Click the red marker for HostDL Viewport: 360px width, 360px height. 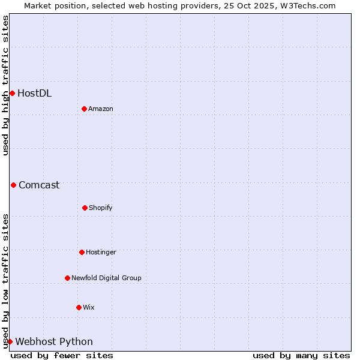pyautogui.click(x=12, y=93)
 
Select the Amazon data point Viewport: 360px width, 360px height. pyautogui.click(x=84, y=109)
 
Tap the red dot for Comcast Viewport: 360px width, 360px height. pyautogui.click(x=13, y=185)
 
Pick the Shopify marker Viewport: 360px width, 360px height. pyautogui.click(x=85, y=208)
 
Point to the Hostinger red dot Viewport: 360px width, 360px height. pyautogui.click(x=82, y=252)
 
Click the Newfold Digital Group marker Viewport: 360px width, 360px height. pyautogui.click(x=67, y=278)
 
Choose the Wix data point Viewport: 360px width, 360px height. pyautogui.click(x=79, y=307)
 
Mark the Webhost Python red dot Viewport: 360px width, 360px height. pyautogui.click(x=10, y=341)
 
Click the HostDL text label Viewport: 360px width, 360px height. pyautogui.click(x=34, y=93)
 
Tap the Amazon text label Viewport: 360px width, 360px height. pyautogui.click(x=101, y=109)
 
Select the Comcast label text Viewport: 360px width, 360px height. pyautogui.click(x=39, y=185)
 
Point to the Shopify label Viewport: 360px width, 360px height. pyautogui.click(x=101, y=208)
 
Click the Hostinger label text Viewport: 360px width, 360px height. pyautogui.click(x=101, y=252)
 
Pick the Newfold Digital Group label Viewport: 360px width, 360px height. pyautogui.click(x=106, y=278)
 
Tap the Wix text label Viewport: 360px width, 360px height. pyautogui.click(x=89, y=307)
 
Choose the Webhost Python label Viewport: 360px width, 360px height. pyautogui.click(x=54, y=341)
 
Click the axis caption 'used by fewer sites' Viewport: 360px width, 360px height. pyautogui.click(x=62, y=355)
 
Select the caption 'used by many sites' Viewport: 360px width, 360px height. pyautogui.click(x=301, y=355)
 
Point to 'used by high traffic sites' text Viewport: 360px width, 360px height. pyautogui.click(x=5, y=85)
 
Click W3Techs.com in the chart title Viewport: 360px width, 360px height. pyautogui.click(x=306, y=5)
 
